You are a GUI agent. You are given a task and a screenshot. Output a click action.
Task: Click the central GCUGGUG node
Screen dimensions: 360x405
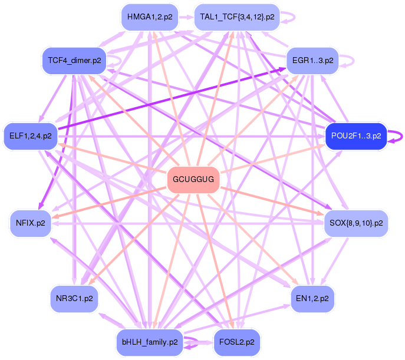point(193,179)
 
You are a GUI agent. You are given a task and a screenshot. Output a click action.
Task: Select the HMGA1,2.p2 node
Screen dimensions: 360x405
point(150,17)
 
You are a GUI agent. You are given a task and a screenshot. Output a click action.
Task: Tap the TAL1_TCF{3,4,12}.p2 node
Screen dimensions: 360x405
point(237,17)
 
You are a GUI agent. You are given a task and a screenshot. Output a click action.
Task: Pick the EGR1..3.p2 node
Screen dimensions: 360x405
point(312,60)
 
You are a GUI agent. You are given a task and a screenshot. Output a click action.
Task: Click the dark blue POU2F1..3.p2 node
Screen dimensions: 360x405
point(356,136)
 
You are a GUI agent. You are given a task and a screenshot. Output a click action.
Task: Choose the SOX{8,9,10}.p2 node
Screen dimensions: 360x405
point(356,223)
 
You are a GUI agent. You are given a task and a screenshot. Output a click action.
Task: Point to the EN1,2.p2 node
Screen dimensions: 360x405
point(312,299)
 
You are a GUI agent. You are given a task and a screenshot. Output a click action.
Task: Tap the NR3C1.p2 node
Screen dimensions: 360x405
point(74,299)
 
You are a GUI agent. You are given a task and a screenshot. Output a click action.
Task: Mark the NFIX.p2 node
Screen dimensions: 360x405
point(31,223)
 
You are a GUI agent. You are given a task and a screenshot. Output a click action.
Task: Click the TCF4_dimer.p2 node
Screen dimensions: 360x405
point(71,60)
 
